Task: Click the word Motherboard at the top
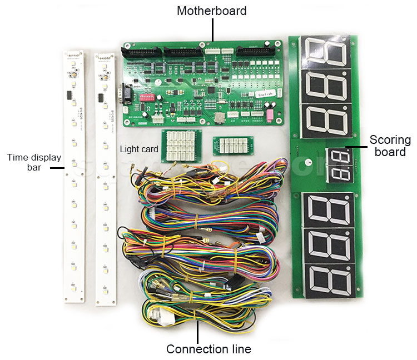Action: (211, 11)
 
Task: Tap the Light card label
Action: (139, 149)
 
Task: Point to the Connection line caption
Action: (209, 349)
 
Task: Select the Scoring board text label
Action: (390, 146)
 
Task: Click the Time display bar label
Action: (34, 162)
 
